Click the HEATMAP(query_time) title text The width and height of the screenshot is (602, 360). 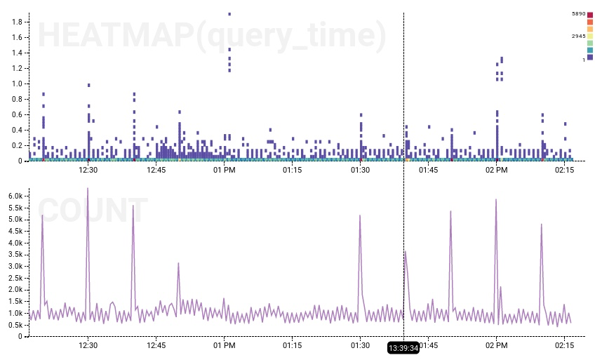[211, 36]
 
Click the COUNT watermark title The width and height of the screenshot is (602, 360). [93, 211]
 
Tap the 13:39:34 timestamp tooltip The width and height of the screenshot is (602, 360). [403, 347]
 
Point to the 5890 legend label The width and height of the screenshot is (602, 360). [579, 14]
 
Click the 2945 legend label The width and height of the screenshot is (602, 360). [579, 36]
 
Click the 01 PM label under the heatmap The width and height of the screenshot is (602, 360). [224, 170]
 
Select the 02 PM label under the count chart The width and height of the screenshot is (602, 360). [496, 345]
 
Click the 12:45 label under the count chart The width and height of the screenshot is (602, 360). [156, 345]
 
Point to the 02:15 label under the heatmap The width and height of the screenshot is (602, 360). [564, 170]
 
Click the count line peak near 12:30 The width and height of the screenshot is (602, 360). [88, 188]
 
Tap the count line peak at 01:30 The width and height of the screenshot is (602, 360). [360, 215]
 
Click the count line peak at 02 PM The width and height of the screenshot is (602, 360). [496, 199]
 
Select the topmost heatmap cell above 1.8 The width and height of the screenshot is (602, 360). [229, 13]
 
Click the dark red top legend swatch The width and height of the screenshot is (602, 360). [590, 15]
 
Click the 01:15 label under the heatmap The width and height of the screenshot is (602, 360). [292, 170]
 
